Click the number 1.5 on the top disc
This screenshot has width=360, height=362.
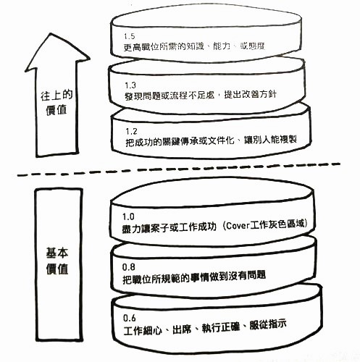pyautogui.click(x=129, y=36)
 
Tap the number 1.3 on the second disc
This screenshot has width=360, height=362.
pyautogui.click(x=130, y=85)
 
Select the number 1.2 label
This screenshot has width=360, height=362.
pyautogui.click(x=131, y=131)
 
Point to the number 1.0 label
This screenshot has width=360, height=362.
pyautogui.click(x=128, y=216)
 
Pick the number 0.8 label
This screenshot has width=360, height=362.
pyautogui.click(x=129, y=267)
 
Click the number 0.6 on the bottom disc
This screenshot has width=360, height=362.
pyautogui.click(x=130, y=318)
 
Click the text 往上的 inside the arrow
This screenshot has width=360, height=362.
pyautogui.click(x=56, y=95)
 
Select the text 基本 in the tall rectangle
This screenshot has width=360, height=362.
pyautogui.click(x=57, y=253)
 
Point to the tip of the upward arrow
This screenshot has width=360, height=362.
pyautogui.click(x=51, y=34)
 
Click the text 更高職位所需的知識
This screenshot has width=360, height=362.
pyautogui.click(x=164, y=46)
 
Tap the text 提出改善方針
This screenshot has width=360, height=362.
pyautogui.click(x=251, y=94)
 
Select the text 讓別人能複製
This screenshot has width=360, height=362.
pyautogui.click(x=270, y=140)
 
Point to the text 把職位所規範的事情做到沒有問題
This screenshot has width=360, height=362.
pyautogui.click(x=194, y=277)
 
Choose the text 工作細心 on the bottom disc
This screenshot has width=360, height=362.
pyautogui.click(x=143, y=330)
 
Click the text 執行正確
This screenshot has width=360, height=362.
pyautogui.click(x=221, y=327)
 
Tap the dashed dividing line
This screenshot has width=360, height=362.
pyautogui.click(x=179, y=169)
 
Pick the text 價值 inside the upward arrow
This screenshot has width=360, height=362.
pyautogui.click(x=56, y=110)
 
